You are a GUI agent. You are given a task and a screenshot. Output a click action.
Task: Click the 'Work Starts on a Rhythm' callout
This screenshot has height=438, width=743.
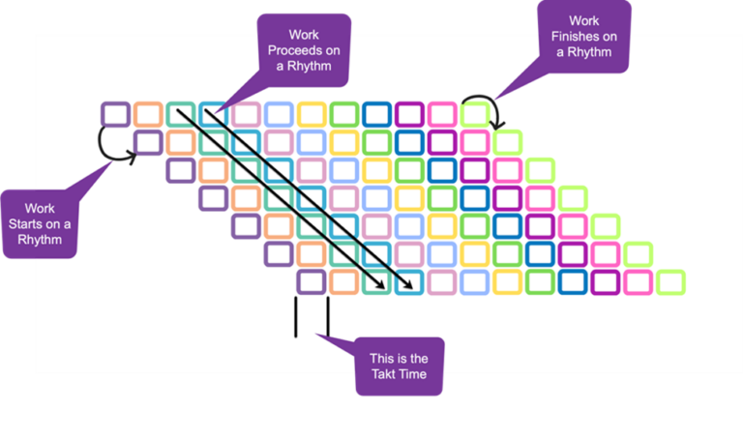40,224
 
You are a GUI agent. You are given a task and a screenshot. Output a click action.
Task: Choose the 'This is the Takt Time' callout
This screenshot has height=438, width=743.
400,366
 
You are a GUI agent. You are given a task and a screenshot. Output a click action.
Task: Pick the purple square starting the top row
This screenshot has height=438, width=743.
115,114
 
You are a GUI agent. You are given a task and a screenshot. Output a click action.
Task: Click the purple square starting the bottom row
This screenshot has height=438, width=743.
312,282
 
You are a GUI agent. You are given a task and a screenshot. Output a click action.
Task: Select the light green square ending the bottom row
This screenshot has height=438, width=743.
669,282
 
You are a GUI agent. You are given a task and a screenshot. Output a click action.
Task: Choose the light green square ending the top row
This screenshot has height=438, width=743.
475,114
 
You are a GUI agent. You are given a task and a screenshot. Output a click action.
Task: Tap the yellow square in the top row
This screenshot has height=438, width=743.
312,114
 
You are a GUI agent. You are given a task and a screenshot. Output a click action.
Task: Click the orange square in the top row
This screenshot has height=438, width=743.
148,114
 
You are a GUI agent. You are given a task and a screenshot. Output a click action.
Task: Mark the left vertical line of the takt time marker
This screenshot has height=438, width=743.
296,317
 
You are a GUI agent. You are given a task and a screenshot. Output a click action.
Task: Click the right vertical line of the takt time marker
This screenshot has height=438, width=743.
328,317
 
